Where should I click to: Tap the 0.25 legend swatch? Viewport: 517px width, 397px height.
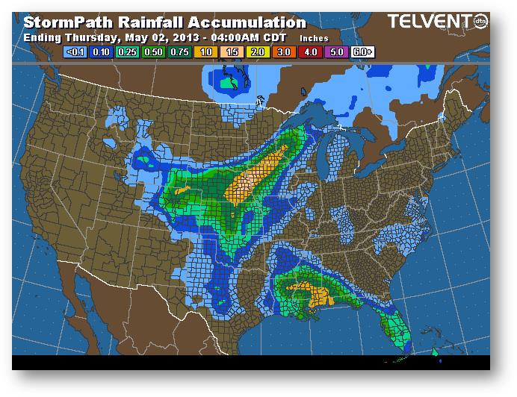(128, 53)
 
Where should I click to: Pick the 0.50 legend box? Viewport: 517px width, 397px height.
(153, 53)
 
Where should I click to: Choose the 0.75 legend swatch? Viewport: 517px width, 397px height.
(179, 53)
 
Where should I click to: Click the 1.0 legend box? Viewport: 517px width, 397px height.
(204, 53)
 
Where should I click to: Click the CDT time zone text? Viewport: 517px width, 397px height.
(275, 37)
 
